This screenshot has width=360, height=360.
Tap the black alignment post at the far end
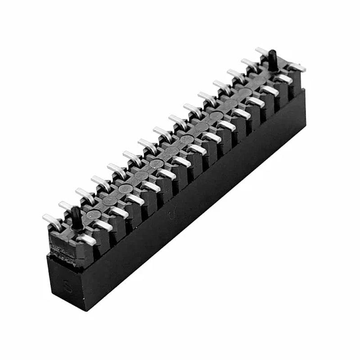coord(273,61)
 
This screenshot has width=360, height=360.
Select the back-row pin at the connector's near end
coord(52,221)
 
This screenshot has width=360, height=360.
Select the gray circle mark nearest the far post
coord(246,92)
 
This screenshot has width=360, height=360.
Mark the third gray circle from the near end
coord(126,189)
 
